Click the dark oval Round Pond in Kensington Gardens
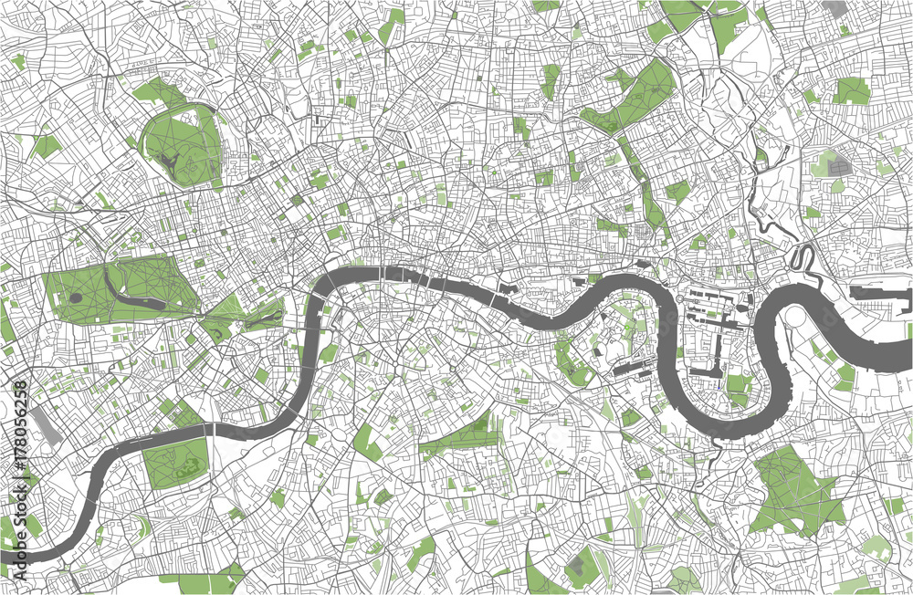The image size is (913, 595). (x=74, y=297)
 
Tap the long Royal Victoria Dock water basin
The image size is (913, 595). (x=881, y=294)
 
